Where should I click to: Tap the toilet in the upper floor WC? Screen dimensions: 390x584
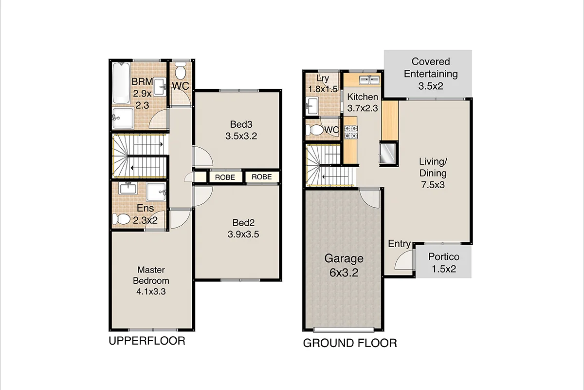180,72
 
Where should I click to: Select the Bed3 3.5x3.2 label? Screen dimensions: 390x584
241,130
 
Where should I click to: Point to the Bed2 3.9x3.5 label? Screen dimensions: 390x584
243,228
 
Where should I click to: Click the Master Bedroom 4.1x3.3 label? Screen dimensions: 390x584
151,281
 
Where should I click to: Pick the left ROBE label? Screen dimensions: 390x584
225,177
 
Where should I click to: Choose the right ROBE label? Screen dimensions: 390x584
262,176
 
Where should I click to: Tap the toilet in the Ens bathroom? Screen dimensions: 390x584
122,220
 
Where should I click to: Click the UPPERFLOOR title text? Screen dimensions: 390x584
146,340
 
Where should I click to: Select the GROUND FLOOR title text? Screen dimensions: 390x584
349,343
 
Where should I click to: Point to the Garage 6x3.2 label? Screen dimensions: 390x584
344,265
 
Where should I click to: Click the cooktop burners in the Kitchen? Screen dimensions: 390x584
351,131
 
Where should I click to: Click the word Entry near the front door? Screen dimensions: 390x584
399,244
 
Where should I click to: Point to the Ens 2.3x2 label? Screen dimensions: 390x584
145,214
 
